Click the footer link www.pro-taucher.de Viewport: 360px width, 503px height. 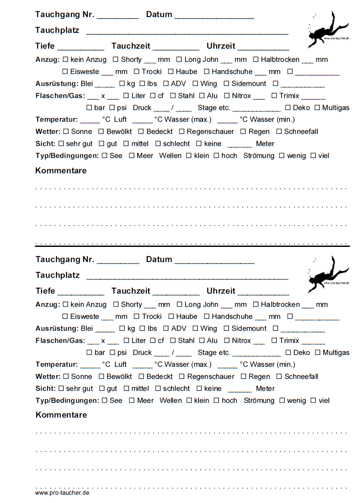[62, 492]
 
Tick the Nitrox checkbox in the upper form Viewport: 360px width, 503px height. [227, 96]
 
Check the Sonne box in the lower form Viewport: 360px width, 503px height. [66, 376]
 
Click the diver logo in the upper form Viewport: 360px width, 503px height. [327, 29]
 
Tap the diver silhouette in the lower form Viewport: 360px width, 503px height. [327, 275]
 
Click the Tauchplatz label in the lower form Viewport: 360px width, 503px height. [57, 275]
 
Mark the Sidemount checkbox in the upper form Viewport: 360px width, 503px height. [226, 83]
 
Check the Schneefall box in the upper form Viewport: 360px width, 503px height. [279, 132]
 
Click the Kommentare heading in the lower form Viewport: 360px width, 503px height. [61, 415]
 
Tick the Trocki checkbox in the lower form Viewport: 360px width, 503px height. [137, 316]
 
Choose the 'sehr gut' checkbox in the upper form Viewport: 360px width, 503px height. [61, 143]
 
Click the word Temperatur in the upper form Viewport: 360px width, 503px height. [57, 120]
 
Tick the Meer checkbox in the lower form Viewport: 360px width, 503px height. [132, 400]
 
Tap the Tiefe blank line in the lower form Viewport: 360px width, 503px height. [81, 293]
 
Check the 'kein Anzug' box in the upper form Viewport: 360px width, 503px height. [66, 59]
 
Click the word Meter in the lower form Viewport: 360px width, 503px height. [265, 389]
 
